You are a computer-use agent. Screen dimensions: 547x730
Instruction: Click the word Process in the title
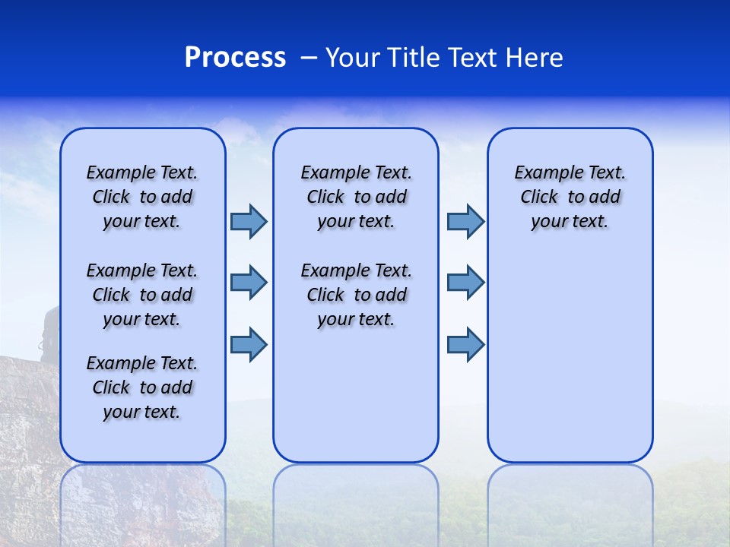[235, 58]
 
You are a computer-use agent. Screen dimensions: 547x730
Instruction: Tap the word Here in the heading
[536, 58]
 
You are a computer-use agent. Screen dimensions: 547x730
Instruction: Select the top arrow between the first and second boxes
[249, 221]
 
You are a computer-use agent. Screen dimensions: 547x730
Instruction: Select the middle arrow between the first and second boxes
[249, 283]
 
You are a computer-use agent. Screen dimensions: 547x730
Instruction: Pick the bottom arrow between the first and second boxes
[249, 345]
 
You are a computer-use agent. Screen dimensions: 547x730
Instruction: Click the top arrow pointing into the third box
[465, 221]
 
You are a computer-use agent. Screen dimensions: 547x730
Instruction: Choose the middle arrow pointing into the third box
[465, 283]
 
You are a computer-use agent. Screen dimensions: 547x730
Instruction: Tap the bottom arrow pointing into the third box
[465, 345]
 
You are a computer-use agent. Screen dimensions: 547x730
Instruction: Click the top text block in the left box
[142, 197]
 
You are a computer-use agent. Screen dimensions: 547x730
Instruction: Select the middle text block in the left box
[142, 295]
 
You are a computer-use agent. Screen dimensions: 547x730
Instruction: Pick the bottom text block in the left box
[142, 387]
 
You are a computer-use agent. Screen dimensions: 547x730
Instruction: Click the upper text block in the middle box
[356, 197]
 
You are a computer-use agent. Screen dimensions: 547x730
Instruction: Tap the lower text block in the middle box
[356, 295]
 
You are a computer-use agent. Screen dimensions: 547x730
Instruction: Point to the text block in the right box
[570, 197]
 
